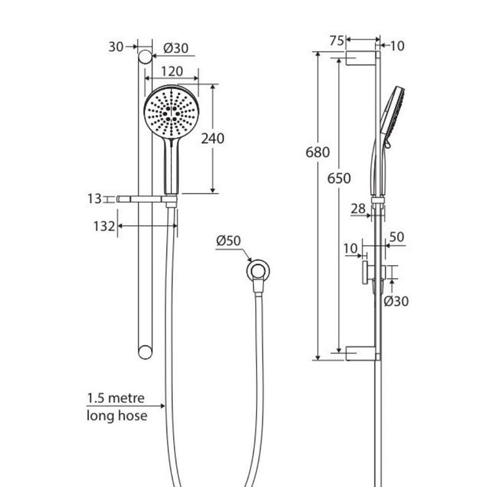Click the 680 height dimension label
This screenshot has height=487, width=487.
(317, 152)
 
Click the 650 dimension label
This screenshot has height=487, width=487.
(339, 178)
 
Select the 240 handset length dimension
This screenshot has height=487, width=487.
(212, 138)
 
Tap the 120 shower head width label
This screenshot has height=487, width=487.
(172, 72)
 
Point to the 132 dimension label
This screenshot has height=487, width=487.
(104, 226)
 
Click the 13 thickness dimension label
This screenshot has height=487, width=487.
(95, 198)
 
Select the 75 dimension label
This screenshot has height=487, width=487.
(337, 40)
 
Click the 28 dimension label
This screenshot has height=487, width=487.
(358, 209)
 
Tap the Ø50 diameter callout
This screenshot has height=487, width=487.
(228, 241)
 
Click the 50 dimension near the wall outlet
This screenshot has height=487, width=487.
(397, 237)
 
